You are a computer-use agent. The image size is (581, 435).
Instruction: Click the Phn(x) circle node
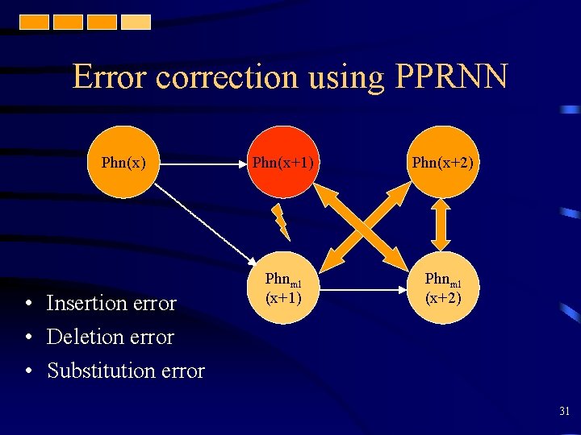click(123, 163)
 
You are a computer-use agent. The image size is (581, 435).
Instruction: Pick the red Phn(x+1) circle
click(283, 163)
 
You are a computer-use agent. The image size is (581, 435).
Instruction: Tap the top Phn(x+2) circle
click(442, 163)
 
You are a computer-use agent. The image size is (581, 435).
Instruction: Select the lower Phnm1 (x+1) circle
click(283, 288)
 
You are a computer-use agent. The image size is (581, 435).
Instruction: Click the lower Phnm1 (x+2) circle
click(442, 288)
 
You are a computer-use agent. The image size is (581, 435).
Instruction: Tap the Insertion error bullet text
click(111, 303)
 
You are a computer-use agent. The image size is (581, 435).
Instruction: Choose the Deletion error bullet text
click(111, 337)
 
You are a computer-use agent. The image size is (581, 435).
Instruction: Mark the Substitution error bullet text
click(126, 371)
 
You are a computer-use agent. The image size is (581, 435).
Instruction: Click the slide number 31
click(564, 412)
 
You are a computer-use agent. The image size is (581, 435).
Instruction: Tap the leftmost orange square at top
click(35, 22)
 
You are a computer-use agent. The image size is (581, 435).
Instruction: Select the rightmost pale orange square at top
click(136, 22)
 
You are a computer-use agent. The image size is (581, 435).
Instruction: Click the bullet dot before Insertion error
click(28, 304)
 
